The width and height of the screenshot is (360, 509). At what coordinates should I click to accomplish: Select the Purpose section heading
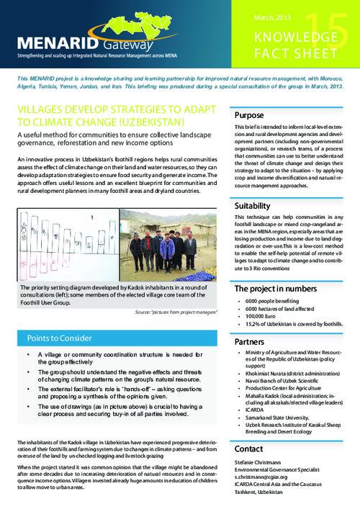pos(249,117)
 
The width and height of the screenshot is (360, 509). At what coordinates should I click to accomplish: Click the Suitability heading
pos(252,206)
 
